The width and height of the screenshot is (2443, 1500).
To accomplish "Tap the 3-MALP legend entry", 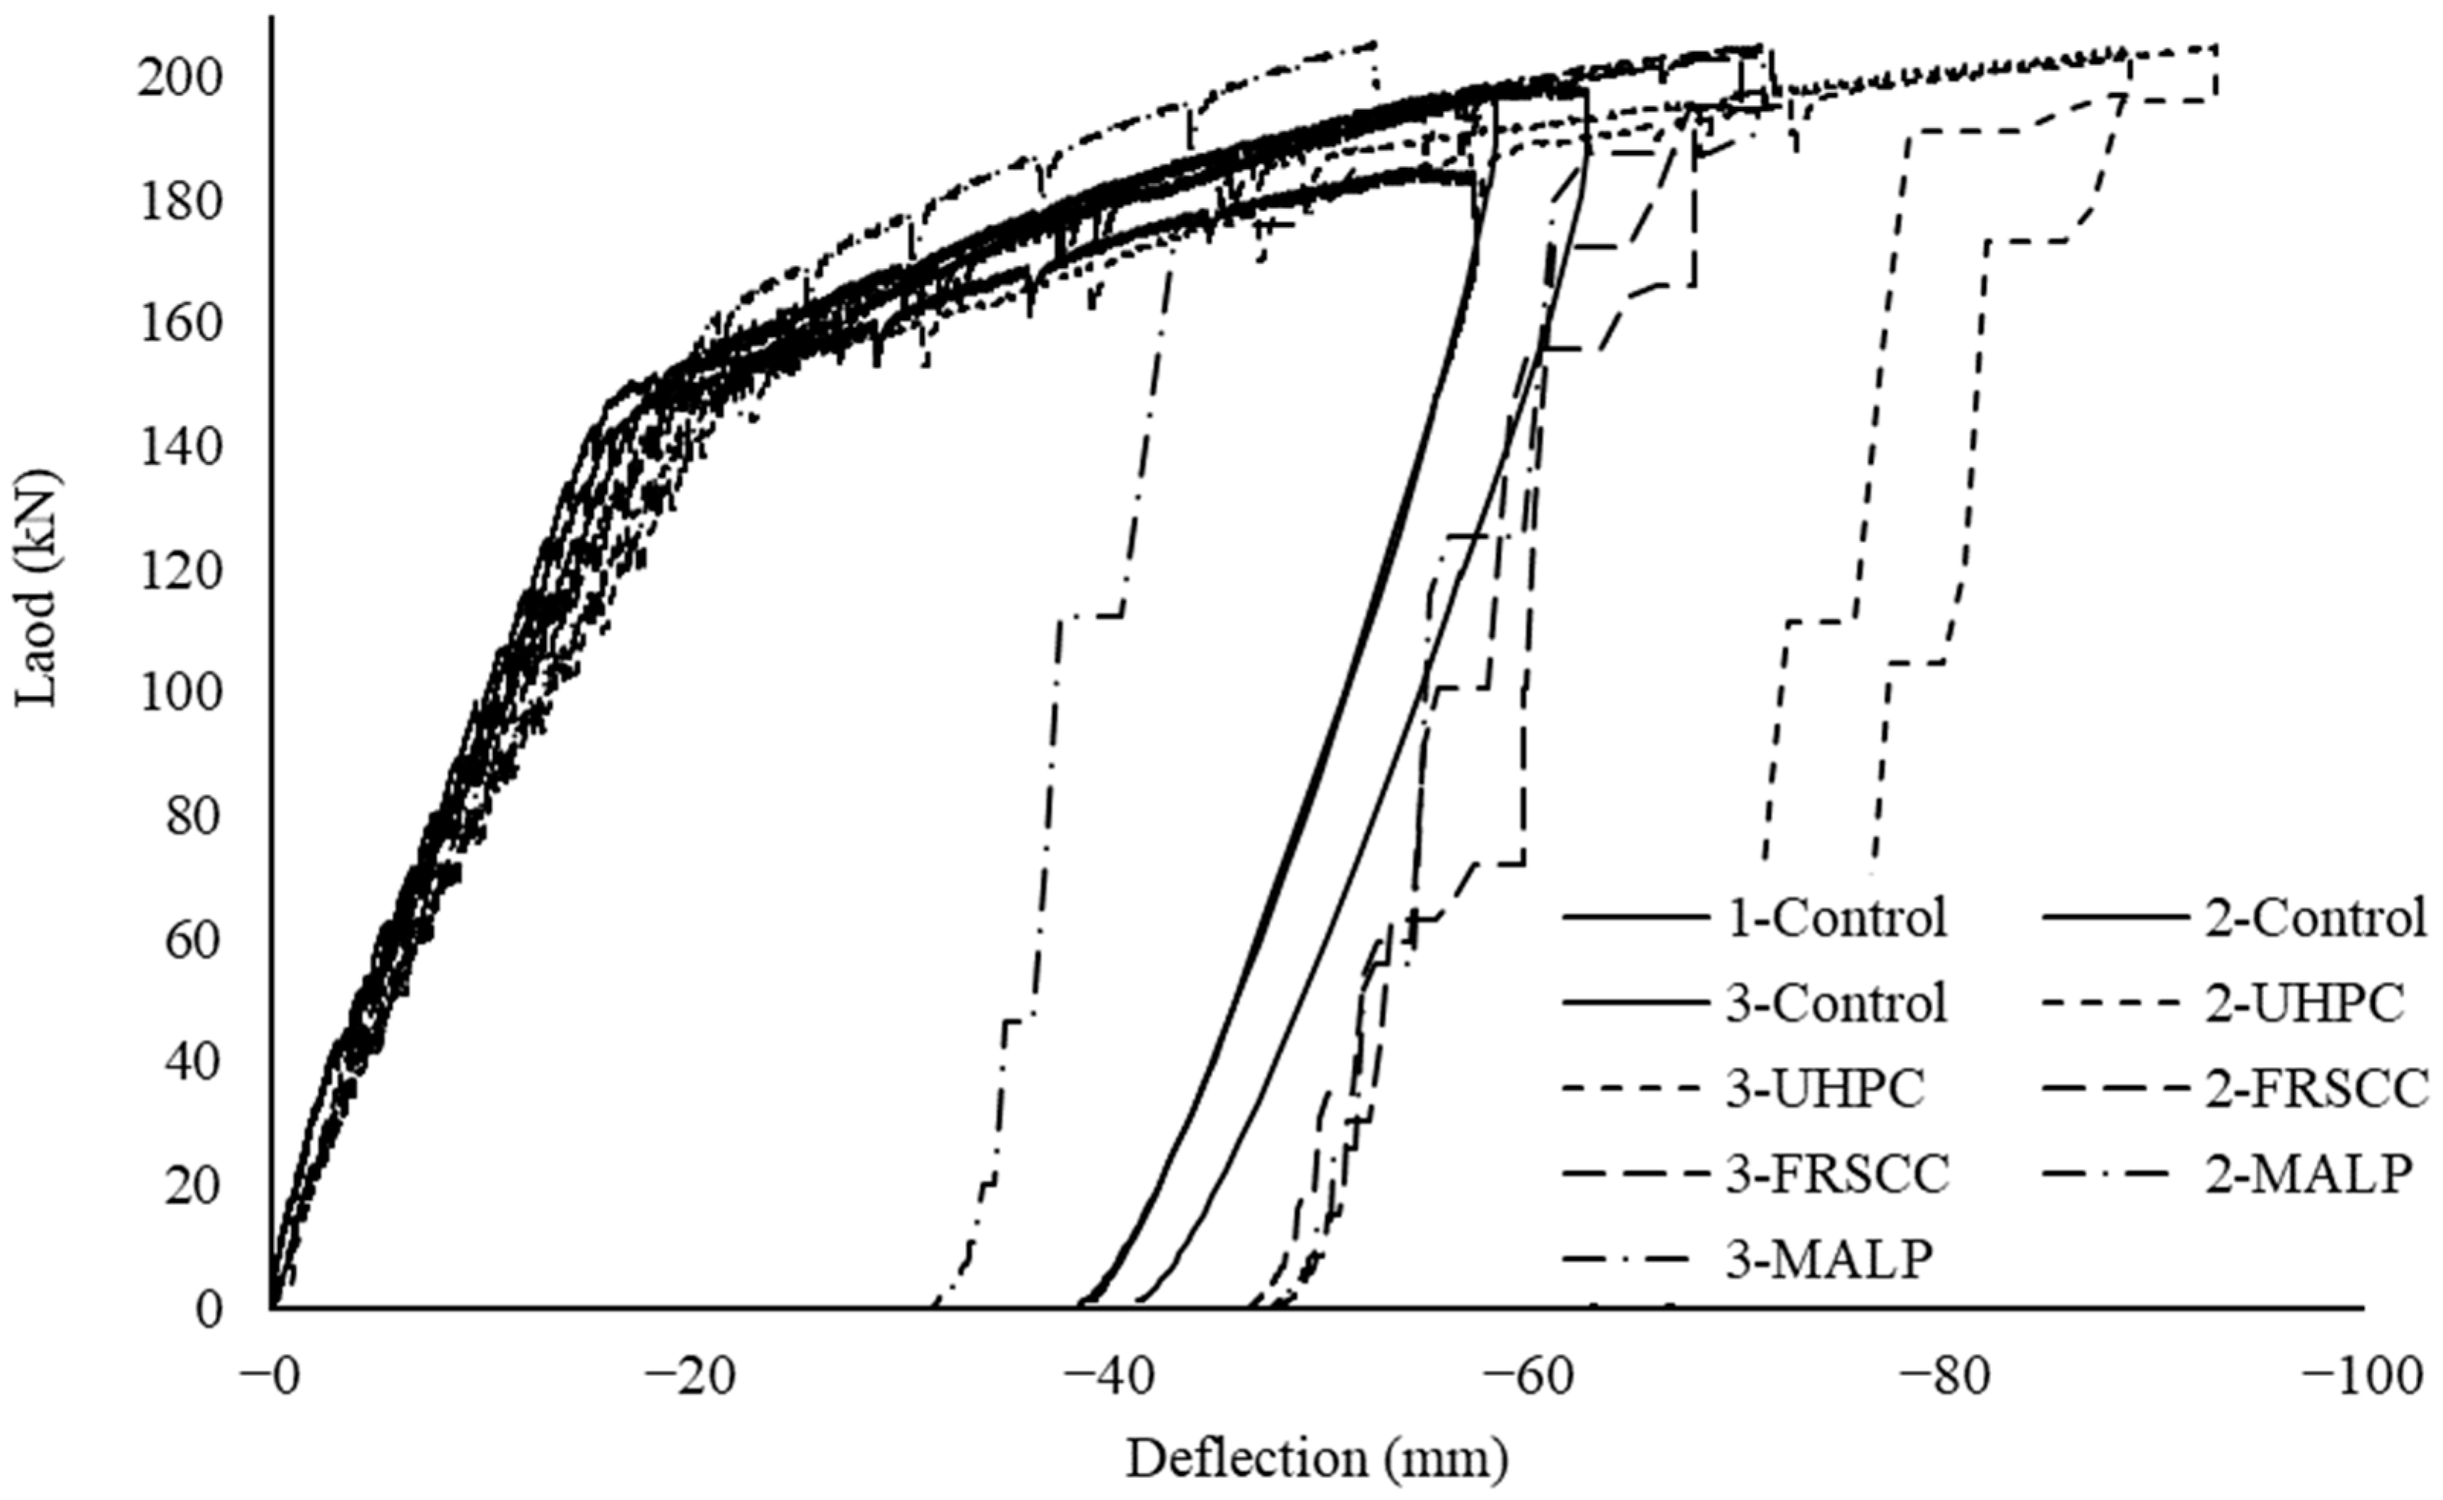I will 1828,1260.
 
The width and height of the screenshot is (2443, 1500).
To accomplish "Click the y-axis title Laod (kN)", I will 37,588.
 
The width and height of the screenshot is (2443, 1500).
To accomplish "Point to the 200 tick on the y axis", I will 178,79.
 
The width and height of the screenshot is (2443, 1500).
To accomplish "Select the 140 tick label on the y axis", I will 178,448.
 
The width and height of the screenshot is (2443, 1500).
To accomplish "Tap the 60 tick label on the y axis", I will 192,941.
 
